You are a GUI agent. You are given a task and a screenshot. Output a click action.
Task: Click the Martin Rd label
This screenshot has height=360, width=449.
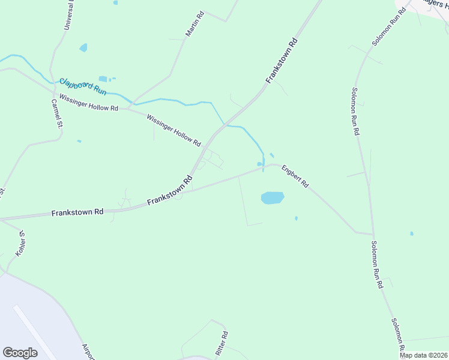point(195,23)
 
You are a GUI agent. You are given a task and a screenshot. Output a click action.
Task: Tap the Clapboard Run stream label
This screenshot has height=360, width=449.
point(83,86)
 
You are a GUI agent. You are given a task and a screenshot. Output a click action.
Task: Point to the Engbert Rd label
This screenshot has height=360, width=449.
point(295,176)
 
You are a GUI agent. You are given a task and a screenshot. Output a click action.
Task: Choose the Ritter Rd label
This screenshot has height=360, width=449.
point(221,342)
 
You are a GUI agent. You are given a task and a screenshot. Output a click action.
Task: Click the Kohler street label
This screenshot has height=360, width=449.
point(19,243)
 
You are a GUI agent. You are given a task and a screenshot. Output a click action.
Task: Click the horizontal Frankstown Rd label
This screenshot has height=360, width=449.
point(77,212)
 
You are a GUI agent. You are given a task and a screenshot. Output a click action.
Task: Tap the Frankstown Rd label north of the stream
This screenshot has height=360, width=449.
point(282,61)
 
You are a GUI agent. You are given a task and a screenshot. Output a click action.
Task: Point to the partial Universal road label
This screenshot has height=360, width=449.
point(69,15)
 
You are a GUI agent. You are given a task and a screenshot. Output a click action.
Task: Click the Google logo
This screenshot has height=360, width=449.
point(20,353)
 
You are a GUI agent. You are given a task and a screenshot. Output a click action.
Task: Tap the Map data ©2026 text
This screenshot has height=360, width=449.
point(423,355)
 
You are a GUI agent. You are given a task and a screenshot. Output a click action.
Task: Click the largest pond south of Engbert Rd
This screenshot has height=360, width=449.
point(272,197)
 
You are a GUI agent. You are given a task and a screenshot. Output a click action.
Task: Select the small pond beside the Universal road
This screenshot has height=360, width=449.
point(83,47)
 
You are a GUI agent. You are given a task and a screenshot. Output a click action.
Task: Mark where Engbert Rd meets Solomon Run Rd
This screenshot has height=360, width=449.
point(373,234)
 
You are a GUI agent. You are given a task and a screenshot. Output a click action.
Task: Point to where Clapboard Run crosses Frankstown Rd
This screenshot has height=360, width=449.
point(224,125)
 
